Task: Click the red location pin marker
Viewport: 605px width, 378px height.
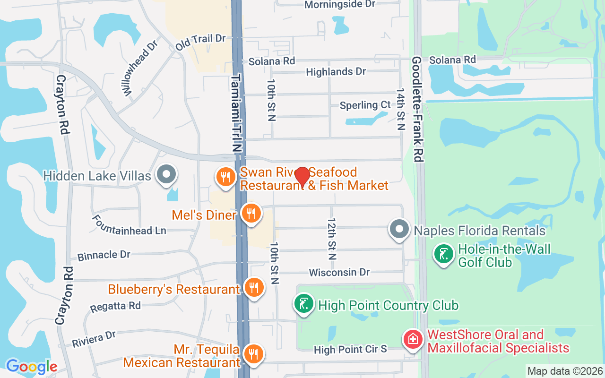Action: pos(302,177)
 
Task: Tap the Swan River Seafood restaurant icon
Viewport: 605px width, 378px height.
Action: pos(226,177)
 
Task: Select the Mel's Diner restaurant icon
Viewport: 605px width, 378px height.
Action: pos(251,213)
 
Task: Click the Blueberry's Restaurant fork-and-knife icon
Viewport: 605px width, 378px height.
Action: pos(254,287)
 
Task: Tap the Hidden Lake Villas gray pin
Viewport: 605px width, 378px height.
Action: pos(166,174)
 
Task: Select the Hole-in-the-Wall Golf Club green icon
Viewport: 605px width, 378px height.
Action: pos(443,254)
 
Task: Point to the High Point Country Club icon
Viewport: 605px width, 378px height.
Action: pos(305,303)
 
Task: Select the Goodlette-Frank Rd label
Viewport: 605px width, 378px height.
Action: pos(417,110)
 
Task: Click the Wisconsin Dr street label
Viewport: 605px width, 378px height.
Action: pos(339,273)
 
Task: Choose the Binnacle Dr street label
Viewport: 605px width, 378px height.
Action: pos(104,255)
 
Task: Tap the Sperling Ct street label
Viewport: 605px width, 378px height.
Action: pos(365,105)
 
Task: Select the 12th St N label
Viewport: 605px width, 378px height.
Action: pos(332,239)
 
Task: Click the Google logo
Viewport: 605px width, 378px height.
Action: pos(32,367)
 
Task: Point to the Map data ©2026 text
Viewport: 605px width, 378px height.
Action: pos(565,371)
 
